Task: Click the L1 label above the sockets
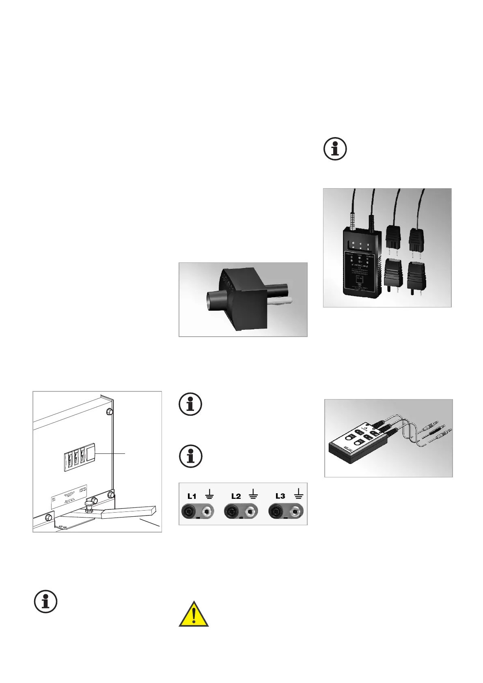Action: [192, 496]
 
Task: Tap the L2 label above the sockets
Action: [236, 496]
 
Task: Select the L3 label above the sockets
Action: [280, 496]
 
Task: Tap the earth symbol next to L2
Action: [254, 494]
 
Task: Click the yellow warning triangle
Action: [194, 614]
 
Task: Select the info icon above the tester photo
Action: [335, 149]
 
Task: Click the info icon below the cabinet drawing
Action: [45, 601]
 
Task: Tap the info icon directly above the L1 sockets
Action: [190, 456]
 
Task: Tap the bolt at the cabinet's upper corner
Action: [109, 412]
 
